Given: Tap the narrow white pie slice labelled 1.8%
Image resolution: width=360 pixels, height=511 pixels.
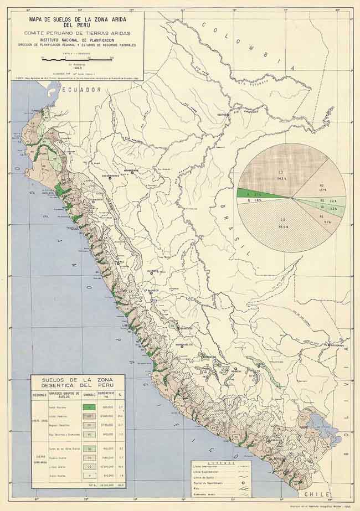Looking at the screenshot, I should tap(258, 201).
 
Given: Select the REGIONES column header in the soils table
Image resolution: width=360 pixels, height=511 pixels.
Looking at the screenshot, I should tap(39, 395).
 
